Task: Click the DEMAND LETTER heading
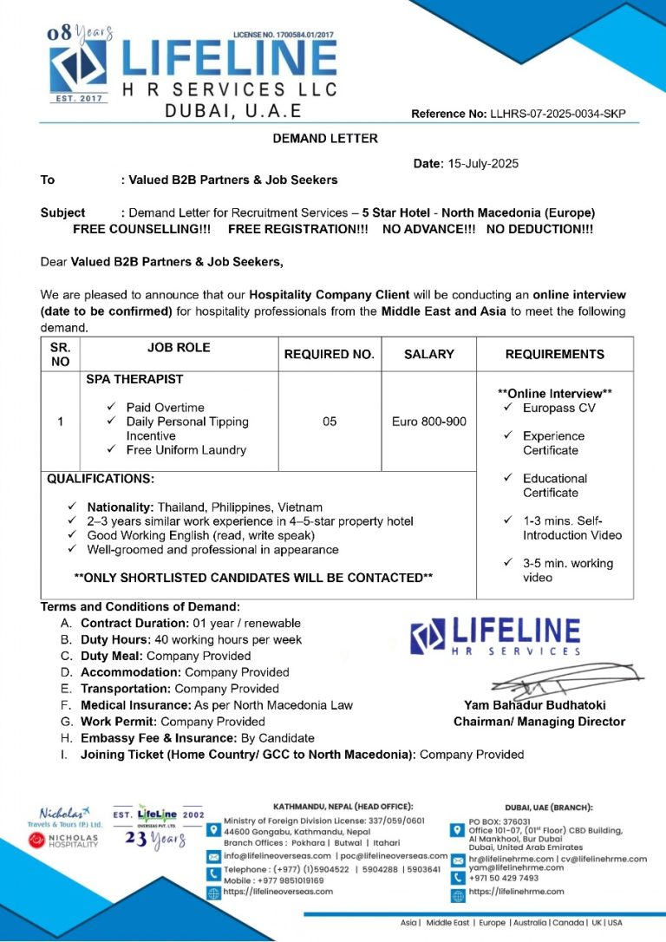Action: click(325, 138)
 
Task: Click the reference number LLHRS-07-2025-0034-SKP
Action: click(558, 114)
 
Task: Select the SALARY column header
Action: click(428, 354)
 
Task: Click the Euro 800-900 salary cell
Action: click(428, 422)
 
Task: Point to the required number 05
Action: click(330, 422)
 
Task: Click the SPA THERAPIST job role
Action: click(134, 379)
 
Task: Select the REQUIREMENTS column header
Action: click(554, 354)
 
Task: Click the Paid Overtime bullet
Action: click(165, 407)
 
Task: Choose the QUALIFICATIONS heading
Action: click(101, 479)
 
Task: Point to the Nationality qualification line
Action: click(205, 507)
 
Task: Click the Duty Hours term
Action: click(191, 639)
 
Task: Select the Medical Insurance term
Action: click(216, 705)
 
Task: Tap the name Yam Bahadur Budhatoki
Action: click(534, 705)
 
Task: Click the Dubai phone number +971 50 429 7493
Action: click(503, 878)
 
